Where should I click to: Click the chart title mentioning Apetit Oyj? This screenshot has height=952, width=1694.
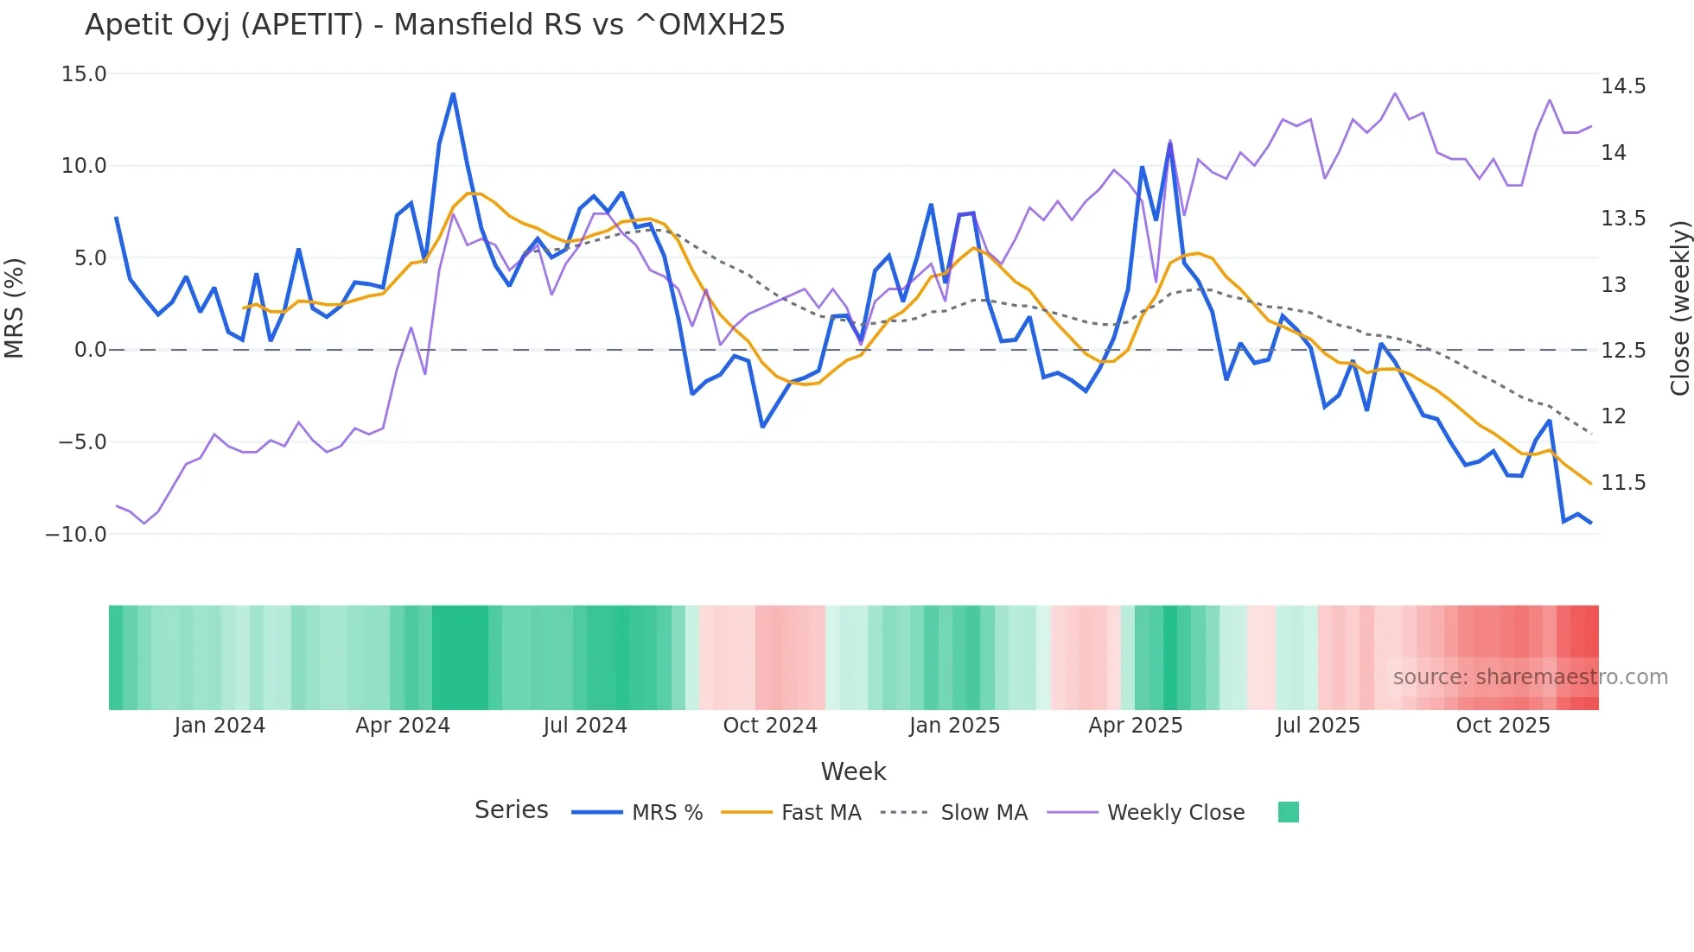(x=435, y=25)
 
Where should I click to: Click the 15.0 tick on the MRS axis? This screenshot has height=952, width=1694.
(x=84, y=74)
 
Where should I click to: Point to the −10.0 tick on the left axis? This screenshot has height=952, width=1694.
(x=76, y=535)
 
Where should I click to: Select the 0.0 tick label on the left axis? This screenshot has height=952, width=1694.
(x=90, y=350)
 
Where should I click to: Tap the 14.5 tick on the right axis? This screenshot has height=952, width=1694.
(x=1623, y=86)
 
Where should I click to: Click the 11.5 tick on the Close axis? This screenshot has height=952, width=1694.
(x=1623, y=483)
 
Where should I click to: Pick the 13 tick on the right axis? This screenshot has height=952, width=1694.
(x=1614, y=285)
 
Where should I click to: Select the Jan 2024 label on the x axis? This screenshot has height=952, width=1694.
(x=220, y=726)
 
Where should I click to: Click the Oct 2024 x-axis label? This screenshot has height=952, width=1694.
(x=770, y=726)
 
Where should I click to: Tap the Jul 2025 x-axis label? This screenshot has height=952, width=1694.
(x=1318, y=726)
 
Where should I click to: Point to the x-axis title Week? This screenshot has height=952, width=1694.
(x=853, y=771)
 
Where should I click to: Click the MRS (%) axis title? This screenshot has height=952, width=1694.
(x=15, y=308)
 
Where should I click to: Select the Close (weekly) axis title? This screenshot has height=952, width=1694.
(x=1679, y=308)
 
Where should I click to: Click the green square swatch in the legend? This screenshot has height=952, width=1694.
(x=1288, y=812)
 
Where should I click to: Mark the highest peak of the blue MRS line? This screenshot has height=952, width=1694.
(x=453, y=94)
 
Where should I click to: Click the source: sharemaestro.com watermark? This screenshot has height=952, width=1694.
(x=1530, y=677)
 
